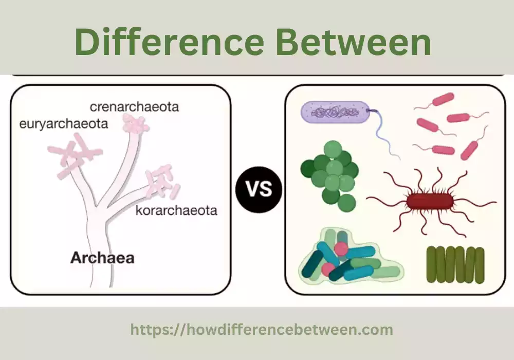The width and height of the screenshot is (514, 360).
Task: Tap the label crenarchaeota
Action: (x=135, y=107)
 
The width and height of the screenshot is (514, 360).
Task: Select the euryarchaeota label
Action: (x=64, y=124)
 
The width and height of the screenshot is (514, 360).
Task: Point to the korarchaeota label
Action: (x=176, y=210)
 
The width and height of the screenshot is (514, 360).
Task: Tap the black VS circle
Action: (x=259, y=190)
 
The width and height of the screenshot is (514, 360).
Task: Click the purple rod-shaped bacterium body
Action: (x=334, y=113)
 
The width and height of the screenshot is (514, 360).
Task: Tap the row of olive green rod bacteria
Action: (x=455, y=265)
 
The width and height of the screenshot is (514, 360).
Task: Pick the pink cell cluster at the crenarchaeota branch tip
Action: (x=135, y=124)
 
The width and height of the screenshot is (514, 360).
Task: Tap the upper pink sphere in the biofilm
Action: (x=341, y=249)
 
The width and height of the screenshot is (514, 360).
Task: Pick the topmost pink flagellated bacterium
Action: (x=443, y=99)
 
